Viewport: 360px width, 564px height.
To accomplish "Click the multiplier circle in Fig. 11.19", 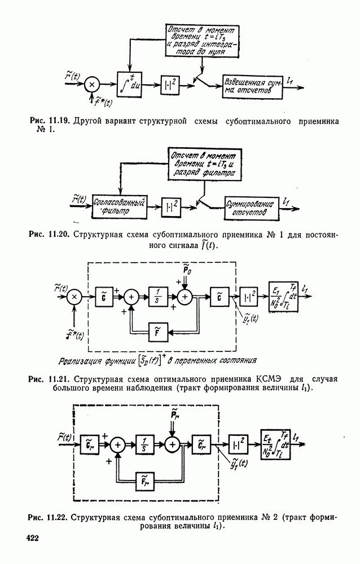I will pyautogui.click(x=93, y=85).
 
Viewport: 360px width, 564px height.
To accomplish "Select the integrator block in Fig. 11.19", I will pyautogui.click(x=131, y=85).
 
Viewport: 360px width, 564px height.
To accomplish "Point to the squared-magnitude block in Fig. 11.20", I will pyautogui.click(x=171, y=206).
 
